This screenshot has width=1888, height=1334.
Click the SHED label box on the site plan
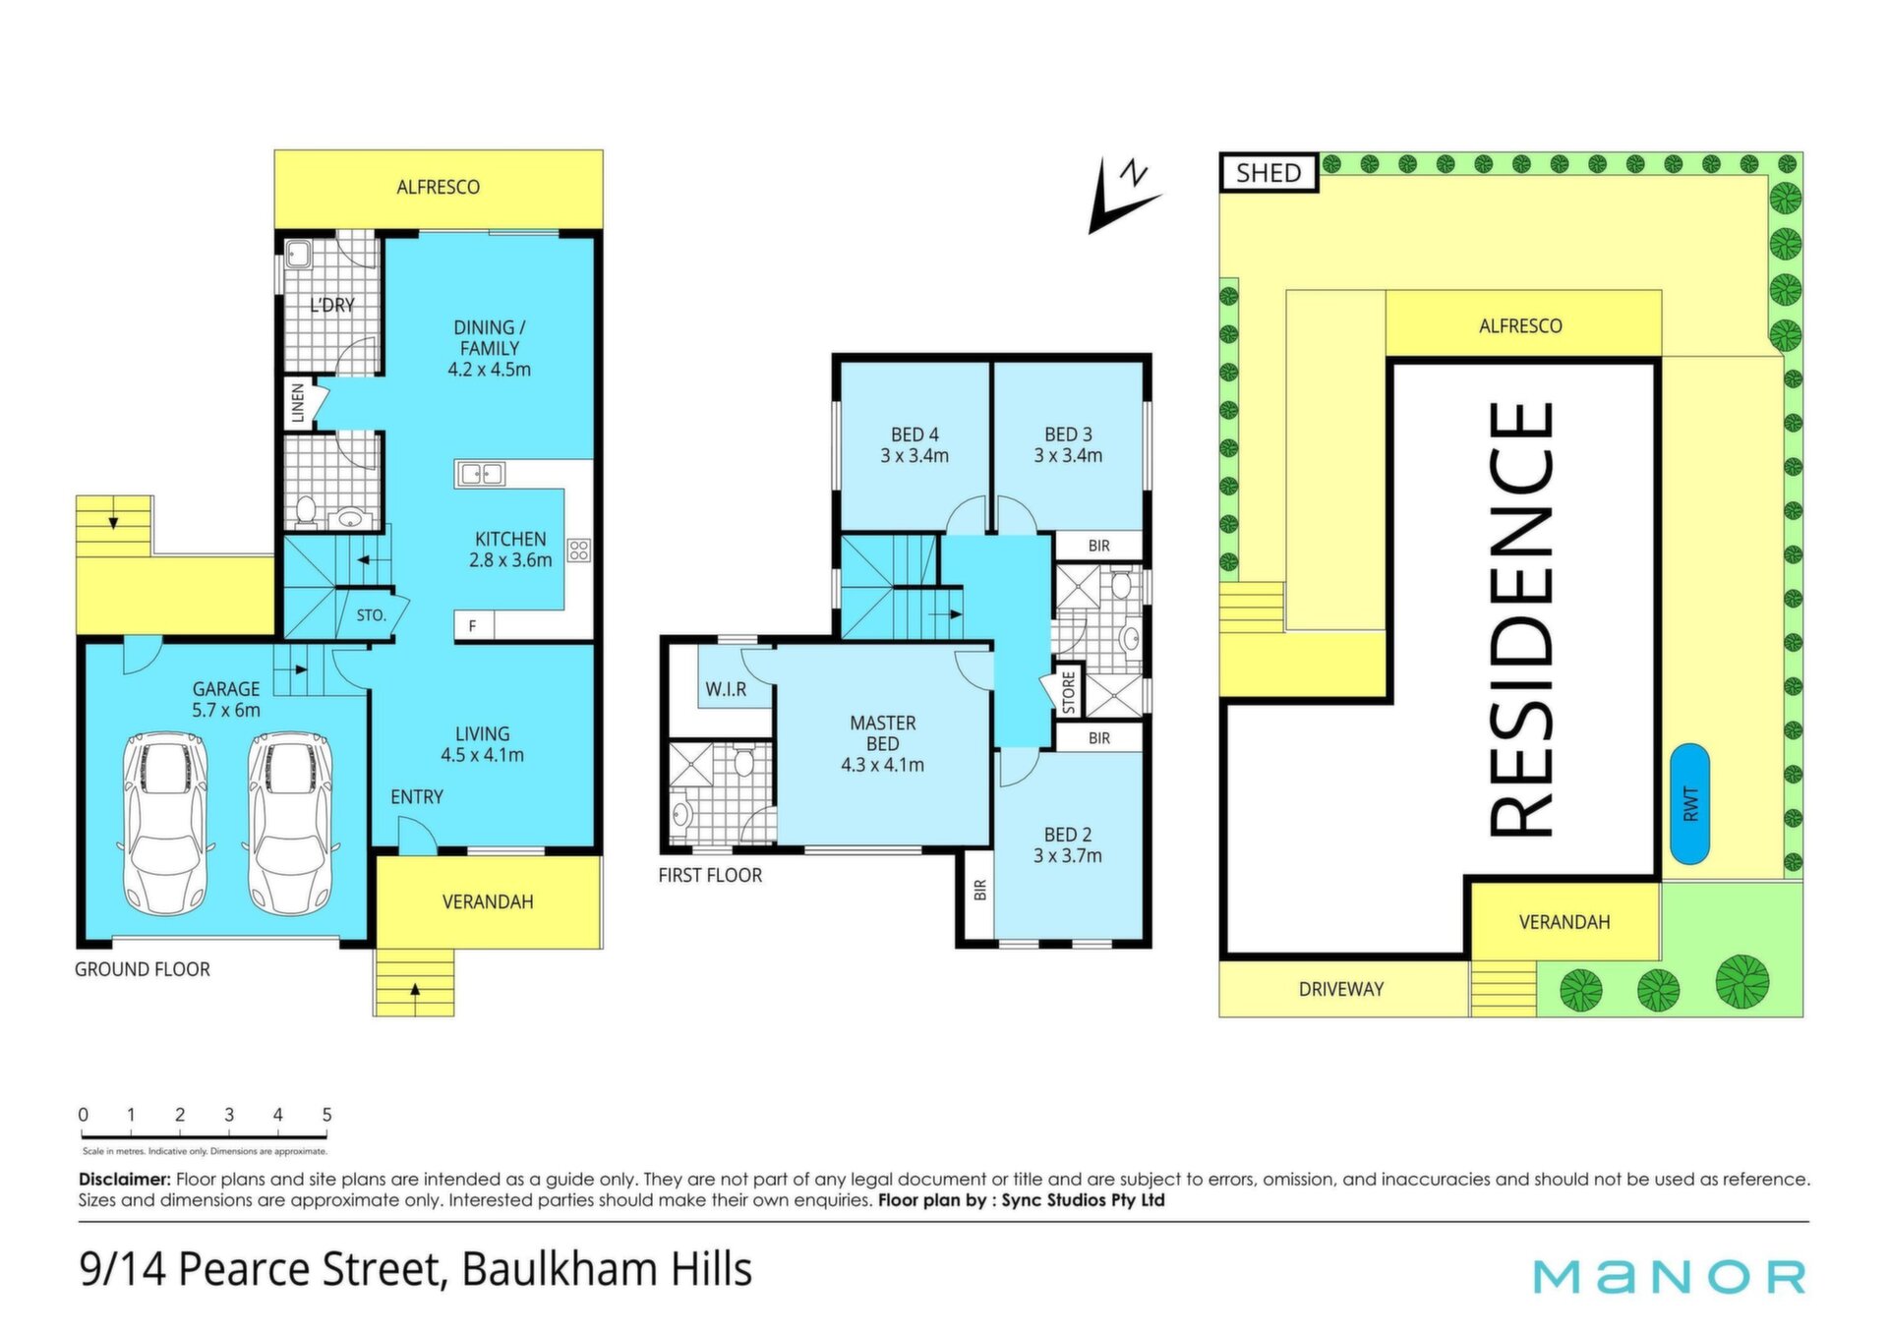coord(1268,173)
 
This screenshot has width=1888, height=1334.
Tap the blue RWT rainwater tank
coord(1689,803)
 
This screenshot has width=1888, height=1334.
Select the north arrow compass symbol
coord(1124,195)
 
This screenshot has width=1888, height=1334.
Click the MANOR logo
coord(1669,1276)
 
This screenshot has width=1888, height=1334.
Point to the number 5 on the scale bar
coord(326,1115)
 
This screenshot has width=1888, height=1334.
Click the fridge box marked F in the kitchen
coord(473,625)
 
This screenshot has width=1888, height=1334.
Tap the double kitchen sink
coord(480,475)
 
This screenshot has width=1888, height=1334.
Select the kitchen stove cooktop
coord(578,550)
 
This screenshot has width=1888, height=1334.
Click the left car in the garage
coord(164,821)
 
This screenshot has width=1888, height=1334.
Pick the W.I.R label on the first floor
coord(726,689)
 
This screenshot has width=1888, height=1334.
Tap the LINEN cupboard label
coord(297,403)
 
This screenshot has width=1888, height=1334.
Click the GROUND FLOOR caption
coord(143,969)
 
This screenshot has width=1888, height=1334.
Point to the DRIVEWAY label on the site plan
coord(1341,989)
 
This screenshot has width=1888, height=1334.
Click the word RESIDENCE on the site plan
coord(1521,619)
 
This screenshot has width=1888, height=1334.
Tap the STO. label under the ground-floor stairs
coord(371,615)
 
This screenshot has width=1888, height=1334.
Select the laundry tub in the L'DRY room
coord(298,257)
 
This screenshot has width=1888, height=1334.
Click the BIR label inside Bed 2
coord(979,890)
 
